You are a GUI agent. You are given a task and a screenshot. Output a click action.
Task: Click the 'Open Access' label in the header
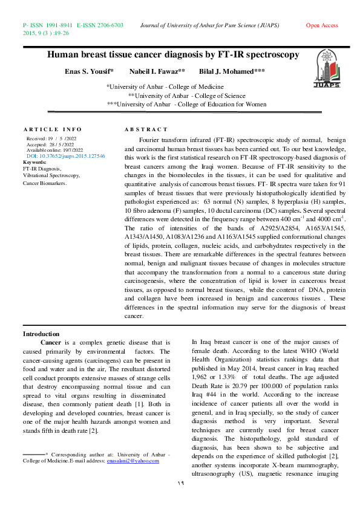(322, 25)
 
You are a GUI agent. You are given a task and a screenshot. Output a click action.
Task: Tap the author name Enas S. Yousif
(89, 71)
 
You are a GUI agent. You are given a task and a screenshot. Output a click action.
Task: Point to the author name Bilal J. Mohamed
(232, 71)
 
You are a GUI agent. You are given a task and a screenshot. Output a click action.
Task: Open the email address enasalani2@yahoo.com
(133, 461)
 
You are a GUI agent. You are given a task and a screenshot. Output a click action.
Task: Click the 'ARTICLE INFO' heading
(52, 130)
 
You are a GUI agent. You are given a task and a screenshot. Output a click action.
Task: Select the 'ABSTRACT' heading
(146, 130)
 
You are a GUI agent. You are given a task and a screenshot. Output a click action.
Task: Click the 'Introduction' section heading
(41, 334)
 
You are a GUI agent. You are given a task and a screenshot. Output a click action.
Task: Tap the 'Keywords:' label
(34, 162)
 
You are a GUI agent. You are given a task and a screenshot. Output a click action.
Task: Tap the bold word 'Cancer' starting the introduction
(50, 342)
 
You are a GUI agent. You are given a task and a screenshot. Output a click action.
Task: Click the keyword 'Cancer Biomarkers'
(45, 182)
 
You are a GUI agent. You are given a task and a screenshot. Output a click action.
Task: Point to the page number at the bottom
(180, 483)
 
